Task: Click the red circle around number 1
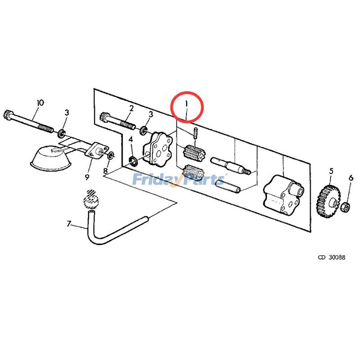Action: pyautogui.click(x=188, y=107)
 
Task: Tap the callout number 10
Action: pyautogui.click(x=40, y=103)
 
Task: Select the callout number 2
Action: pyautogui.click(x=131, y=108)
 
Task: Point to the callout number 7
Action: pyautogui.click(x=69, y=223)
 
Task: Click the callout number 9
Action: pyautogui.click(x=87, y=177)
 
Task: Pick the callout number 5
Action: pyautogui.click(x=331, y=171)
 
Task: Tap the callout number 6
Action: pyautogui.click(x=351, y=178)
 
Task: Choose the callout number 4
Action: pyautogui.click(x=131, y=139)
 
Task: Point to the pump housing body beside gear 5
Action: pyautogui.click(x=283, y=196)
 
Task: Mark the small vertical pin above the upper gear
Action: pyautogui.click(x=196, y=134)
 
